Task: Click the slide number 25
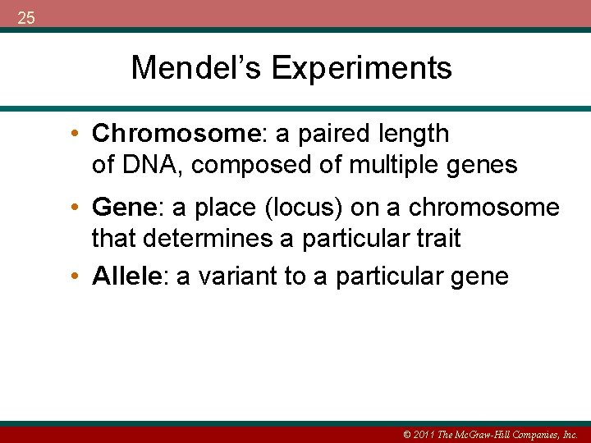click(x=25, y=17)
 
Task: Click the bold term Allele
click(x=127, y=276)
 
